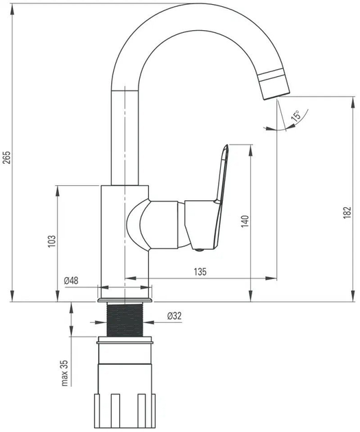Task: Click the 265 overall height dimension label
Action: (x=7, y=157)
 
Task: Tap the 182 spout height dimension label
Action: (x=348, y=213)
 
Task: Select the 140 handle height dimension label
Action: (x=245, y=221)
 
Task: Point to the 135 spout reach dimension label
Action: (x=200, y=272)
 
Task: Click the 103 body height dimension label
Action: (x=52, y=241)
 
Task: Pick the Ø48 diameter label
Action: (x=71, y=280)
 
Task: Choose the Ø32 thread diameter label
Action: (x=174, y=315)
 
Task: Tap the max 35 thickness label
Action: (x=64, y=373)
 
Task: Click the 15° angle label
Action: (x=296, y=116)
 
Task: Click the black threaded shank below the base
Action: (x=125, y=320)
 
